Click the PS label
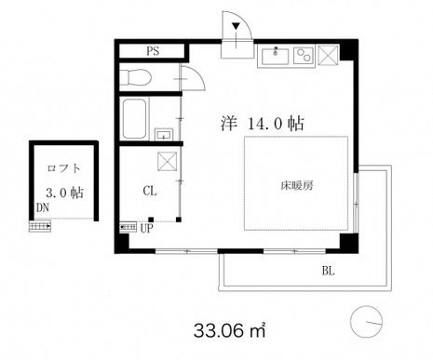[153, 51]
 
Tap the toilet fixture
[135, 77]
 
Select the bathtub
[134, 119]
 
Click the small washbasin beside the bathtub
[163, 135]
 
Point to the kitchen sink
[275, 56]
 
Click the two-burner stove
[304, 56]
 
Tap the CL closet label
[150, 191]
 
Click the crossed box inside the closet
[168, 162]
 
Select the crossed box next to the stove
[329, 55]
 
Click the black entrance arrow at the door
[237, 26]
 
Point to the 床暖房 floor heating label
[297, 185]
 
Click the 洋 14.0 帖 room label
[262, 124]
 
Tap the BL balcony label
[329, 271]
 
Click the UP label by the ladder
[147, 228]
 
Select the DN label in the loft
[43, 207]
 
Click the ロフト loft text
[64, 168]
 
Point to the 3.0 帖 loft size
[64, 193]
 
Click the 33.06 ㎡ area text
[230, 330]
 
